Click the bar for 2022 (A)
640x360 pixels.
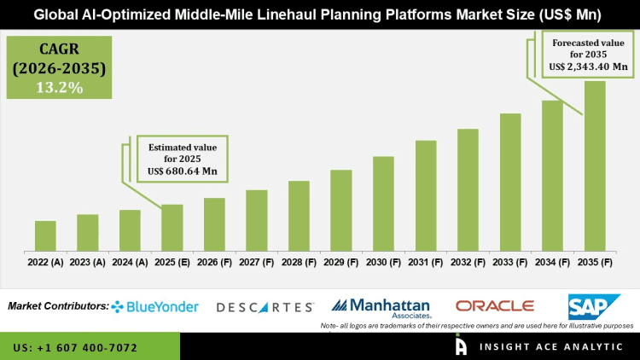pos(45,236)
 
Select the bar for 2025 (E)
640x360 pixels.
pos(172,228)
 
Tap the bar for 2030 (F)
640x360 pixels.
pos(383,204)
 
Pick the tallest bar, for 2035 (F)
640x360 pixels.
pos(595,166)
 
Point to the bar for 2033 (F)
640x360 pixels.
pos(510,183)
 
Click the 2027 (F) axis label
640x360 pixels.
pos(257,263)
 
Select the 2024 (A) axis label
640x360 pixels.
pos(130,263)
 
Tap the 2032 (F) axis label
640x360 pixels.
pos(468,263)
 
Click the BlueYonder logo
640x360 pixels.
pos(155,306)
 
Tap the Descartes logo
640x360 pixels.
pos(265,306)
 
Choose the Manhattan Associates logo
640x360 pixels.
pos(383,306)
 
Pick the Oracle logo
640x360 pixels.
pos(494,305)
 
